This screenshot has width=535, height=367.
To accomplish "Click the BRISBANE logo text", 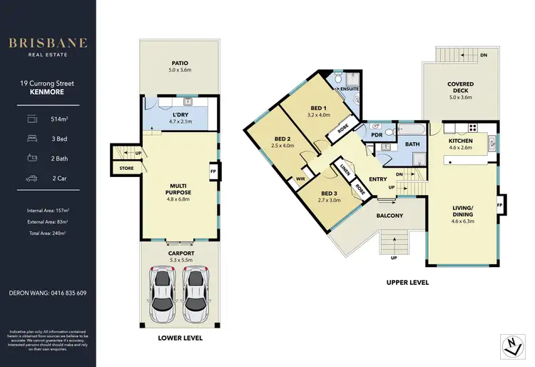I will click(48, 43).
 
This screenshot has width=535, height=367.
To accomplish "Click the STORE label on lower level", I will click(126, 169).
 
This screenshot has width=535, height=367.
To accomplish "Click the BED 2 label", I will click(282, 139).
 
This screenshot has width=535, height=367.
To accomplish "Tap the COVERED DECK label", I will click(459, 88).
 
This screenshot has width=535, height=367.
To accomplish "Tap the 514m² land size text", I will click(63, 120).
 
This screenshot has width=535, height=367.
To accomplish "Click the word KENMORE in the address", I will click(48, 92).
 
